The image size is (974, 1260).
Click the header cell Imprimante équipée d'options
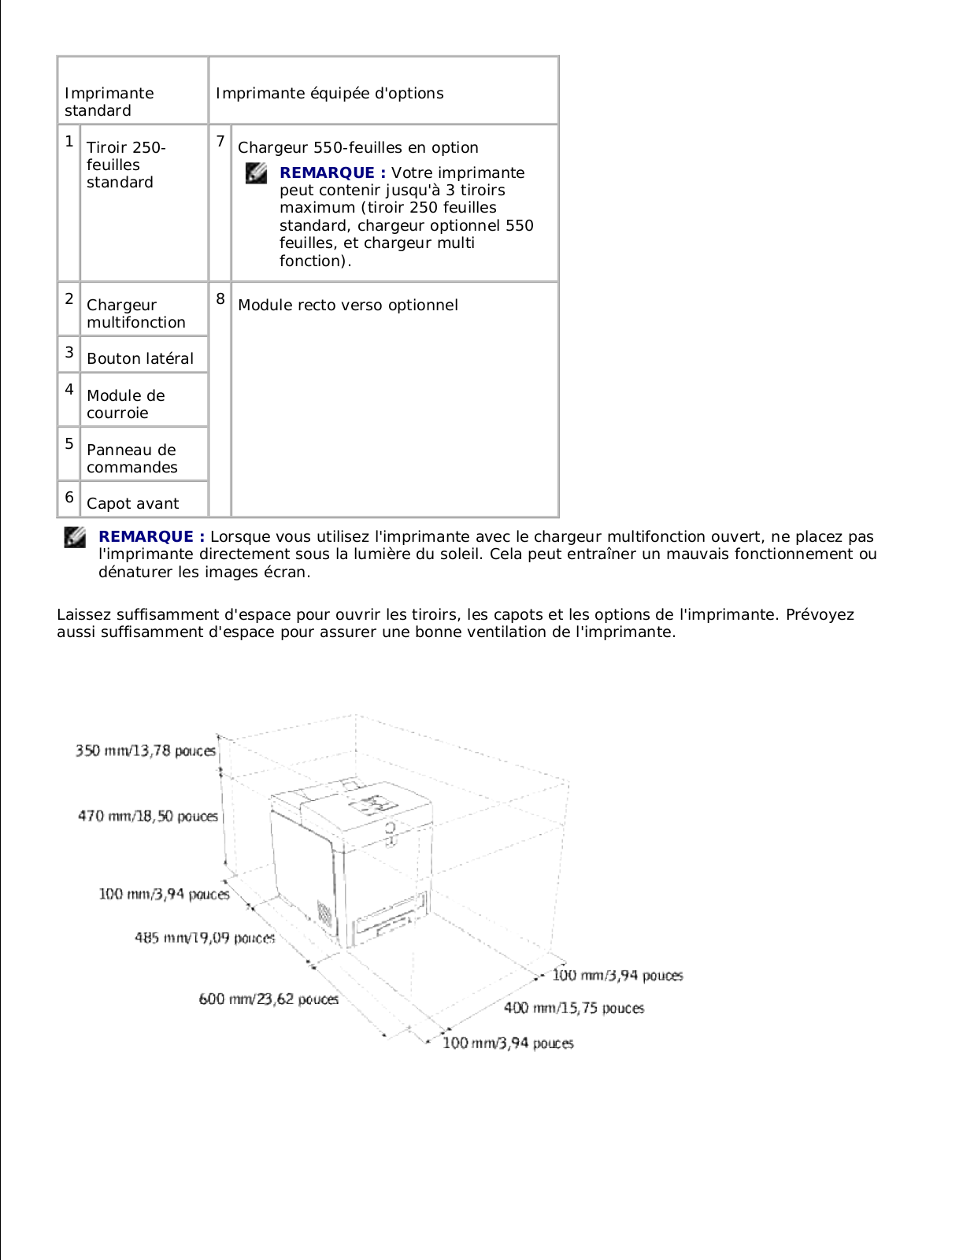[329, 94]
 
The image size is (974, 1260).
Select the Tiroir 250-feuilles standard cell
[126, 165]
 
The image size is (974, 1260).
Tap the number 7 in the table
[220, 142]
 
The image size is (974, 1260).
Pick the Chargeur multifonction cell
[135, 313]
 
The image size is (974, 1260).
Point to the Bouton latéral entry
[139, 358]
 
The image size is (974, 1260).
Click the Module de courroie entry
[125, 404]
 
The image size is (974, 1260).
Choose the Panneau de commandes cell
[131, 458]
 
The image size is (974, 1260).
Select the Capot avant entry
[132, 503]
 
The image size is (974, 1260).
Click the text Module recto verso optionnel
[347, 305]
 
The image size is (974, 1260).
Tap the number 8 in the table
[220, 299]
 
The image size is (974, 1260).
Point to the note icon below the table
[75, 537]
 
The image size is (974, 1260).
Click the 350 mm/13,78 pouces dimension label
[145, 750]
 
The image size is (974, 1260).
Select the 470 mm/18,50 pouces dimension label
[147, 816]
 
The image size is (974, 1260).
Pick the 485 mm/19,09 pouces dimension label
[205, 937]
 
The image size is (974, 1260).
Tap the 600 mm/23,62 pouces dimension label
[268, 999]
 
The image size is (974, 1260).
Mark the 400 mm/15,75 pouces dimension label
[574, 1008]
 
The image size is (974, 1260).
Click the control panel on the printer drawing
[373, 804]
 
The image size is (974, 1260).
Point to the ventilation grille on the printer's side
[324, 913]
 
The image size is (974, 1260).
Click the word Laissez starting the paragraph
[83, 614]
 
